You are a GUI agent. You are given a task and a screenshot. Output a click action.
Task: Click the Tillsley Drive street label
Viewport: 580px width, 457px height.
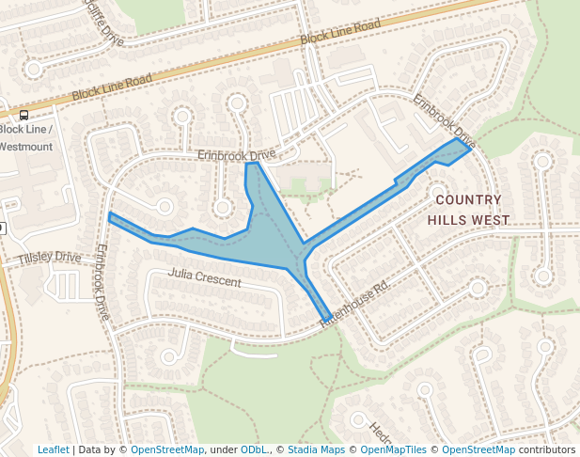(x=49, y=257)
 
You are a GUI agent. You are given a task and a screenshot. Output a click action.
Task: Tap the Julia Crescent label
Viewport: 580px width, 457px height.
(x=204, y=277)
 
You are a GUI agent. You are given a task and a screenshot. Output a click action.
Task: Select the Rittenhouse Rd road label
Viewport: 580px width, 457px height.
(x=354, y=305)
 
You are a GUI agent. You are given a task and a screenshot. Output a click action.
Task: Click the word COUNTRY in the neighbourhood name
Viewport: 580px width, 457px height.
(x=469, y=199)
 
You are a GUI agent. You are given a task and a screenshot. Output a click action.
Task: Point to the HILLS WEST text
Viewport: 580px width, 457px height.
(x=468, y=220)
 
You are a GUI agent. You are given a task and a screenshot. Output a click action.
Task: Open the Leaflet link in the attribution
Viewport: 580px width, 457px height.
(x=53, y=449)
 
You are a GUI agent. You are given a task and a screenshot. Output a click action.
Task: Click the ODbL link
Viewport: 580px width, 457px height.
(x=253, y=449)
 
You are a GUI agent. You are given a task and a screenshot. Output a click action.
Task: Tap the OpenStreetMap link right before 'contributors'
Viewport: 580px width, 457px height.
(x=478, y=449)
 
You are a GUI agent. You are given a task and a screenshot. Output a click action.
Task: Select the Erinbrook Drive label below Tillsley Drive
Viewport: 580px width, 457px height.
(x=102, y=282)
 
